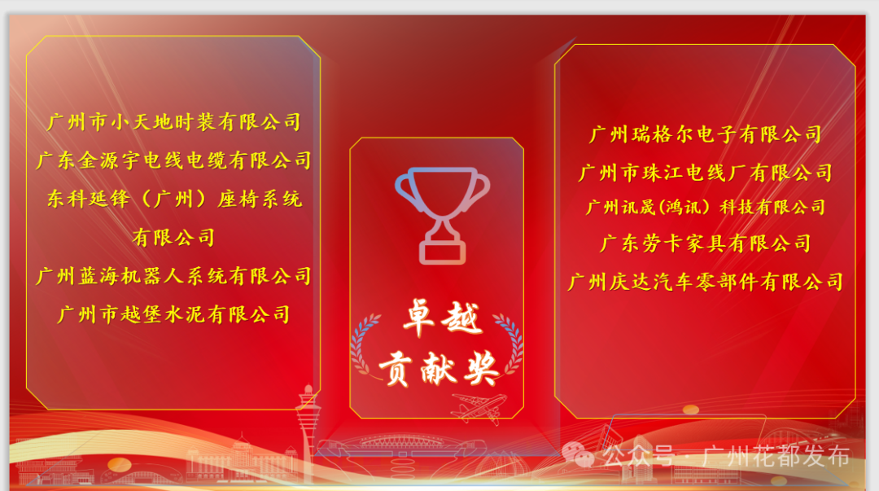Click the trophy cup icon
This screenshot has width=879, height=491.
tap(442, 214)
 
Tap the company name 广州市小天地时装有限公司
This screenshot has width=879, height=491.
tap(173, 122)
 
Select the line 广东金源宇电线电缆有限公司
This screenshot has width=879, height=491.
tap(173, 160)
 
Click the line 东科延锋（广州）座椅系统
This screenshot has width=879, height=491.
tap(173, 199)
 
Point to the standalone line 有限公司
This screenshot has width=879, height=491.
tap(173, 237)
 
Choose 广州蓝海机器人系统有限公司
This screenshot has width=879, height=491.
tap(173, 276)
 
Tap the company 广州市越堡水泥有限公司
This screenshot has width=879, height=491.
tap(173, 314)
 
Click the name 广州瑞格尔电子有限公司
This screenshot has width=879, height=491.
tap(705, 134)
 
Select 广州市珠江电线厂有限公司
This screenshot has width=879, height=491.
tap(705, 173)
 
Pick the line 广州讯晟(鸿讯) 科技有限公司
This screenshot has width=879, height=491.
tap(705, 208)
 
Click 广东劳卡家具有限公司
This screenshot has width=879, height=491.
tap(705, 243)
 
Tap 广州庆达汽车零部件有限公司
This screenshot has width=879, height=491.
tap(705, 283)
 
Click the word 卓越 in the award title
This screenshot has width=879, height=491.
tap(442, 319)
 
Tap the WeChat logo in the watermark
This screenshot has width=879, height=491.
tap(584, 454)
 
